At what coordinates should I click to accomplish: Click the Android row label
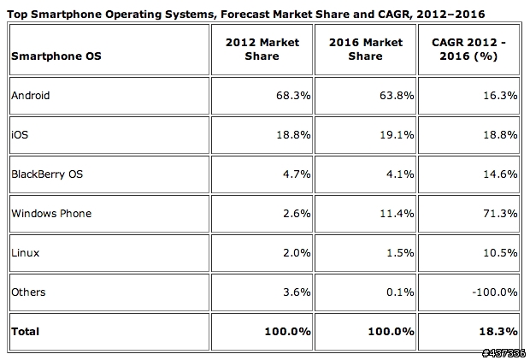click(x=30, y=95)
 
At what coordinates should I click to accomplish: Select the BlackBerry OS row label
click(x=47, y=174)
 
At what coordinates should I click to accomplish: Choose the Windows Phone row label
click(x=50, y=213)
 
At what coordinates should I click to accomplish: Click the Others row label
click(x=28, y=292)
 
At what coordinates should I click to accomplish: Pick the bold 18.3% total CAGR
click(x=500, y=330)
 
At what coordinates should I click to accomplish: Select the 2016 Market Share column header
click(x=367, y=49)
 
